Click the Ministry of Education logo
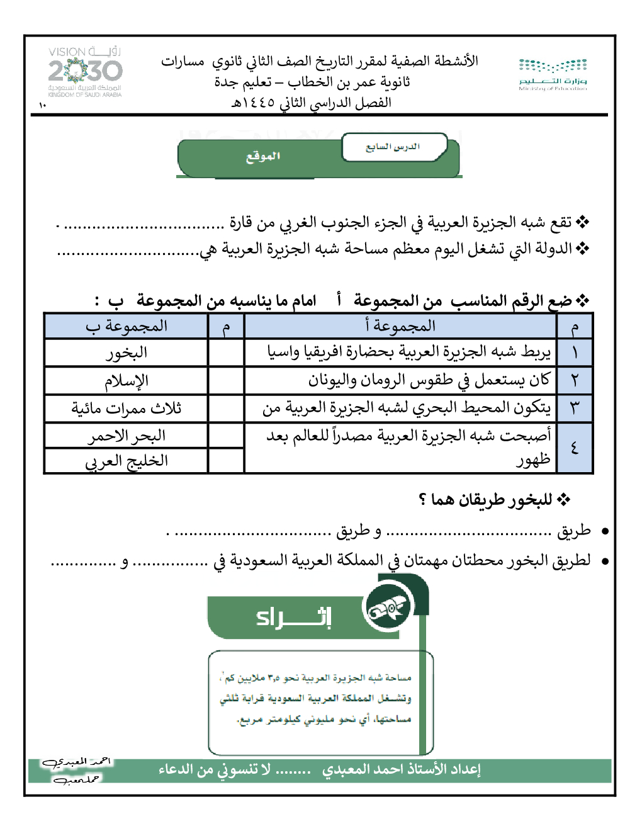[553, 74]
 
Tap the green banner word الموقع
[263, 156]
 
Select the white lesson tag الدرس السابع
[393, 147]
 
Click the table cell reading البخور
[127, 353]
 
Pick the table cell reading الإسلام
[127, 380]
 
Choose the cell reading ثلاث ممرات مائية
[127, 408]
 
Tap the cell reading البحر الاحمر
[127, 435]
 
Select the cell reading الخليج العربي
[127, 461]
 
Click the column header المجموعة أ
[400, 326]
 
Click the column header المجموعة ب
[127, 326]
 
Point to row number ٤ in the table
[575, 448]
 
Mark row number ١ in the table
[575, 353]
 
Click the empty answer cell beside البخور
[226, 353]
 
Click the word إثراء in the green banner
[294, 616]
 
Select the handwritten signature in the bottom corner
[75, 770]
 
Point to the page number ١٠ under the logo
[42, 105]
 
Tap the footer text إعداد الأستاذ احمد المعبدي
[401, 769]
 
